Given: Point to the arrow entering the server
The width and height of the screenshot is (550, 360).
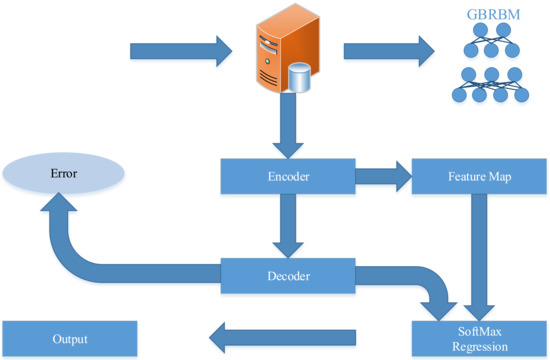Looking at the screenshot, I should click(x=180, y=47).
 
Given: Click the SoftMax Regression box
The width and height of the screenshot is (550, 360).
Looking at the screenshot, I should click(x=477, y=336).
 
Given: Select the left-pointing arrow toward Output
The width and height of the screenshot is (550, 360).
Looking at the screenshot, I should click(x=285, y=335).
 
